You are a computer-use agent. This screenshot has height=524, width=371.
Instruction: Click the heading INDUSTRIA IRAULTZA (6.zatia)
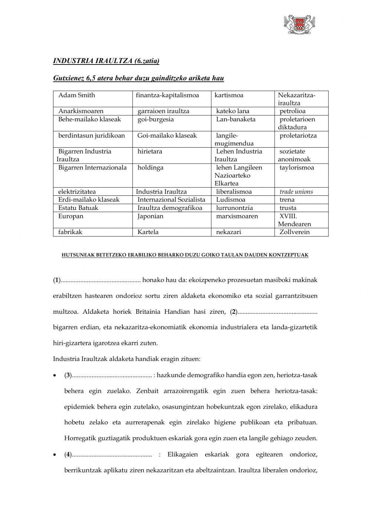point(106,61)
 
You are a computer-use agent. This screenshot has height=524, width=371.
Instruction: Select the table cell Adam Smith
point(76,95)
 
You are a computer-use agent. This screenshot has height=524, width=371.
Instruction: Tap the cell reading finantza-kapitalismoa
point(167,95)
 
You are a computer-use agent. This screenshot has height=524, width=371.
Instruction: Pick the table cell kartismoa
point(229,95)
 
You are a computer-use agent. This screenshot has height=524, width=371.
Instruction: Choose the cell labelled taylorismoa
point(296,168)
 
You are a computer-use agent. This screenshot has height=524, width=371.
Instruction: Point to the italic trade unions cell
point(296,192)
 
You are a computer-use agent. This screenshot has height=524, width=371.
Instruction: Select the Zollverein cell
point(294,232)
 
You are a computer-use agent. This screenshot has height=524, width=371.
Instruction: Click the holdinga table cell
point(150,168)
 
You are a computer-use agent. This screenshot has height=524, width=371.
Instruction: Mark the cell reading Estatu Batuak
point(78,208)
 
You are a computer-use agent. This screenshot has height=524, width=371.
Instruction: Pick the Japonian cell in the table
point(150,216)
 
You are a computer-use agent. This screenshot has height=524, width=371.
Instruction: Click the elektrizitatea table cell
point(77,192)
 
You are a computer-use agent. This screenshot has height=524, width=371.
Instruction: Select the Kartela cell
point(148,232)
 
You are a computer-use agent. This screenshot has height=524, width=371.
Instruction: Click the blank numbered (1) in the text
point(100,280)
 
